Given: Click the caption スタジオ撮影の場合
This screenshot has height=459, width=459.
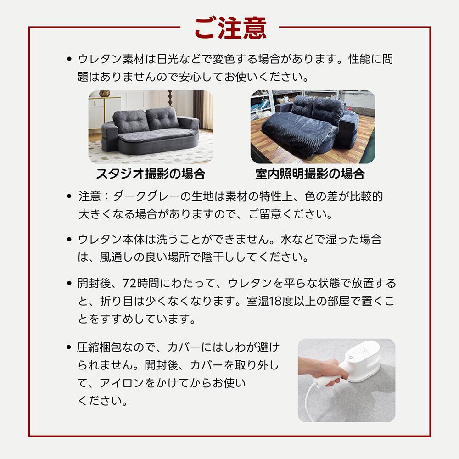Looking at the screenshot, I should [150, 174].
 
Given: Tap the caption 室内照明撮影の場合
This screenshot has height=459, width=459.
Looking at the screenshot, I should [310, 174].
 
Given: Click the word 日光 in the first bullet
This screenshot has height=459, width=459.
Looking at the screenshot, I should [168, 59].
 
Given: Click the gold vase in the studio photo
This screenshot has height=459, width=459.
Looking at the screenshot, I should [105, 94].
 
